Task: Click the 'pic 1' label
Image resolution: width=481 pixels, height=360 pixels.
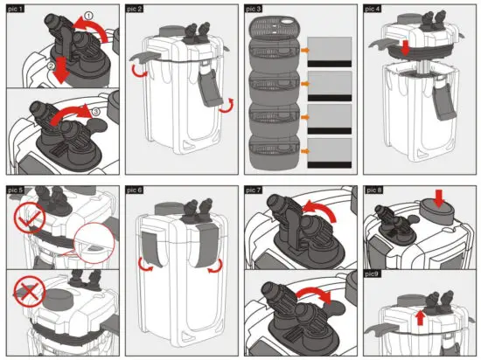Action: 16,9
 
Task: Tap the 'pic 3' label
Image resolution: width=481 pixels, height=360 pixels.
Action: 254,9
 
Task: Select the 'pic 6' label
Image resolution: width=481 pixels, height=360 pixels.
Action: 135,190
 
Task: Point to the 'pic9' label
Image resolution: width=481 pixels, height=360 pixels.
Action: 373,273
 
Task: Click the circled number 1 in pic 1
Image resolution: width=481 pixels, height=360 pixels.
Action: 88,16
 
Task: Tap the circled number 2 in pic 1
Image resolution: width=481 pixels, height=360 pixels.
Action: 52,65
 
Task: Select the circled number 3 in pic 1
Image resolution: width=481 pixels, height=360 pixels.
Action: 95,112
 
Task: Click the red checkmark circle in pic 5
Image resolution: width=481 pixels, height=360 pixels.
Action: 30,218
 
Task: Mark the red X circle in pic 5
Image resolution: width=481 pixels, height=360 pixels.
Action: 30,291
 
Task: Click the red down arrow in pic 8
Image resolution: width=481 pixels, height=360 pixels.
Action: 439,198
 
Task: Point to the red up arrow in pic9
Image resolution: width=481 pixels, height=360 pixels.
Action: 421,318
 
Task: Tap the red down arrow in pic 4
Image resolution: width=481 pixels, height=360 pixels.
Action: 406,48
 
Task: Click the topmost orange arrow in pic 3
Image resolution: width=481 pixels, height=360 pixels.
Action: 304,50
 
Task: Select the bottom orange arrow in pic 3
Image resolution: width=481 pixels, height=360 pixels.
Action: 304,151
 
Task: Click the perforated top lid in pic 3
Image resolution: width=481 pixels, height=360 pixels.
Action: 274,29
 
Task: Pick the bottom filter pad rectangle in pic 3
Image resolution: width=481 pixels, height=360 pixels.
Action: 330,153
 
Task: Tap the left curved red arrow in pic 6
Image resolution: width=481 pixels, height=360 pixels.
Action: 145,266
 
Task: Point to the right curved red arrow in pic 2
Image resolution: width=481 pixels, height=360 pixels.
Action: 227,106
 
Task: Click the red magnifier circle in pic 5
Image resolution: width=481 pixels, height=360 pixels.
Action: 94,243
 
